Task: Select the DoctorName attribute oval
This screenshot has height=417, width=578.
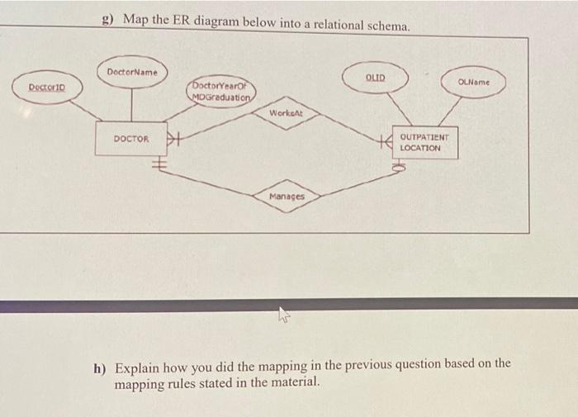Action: pyautogui.click(x=132, y=72)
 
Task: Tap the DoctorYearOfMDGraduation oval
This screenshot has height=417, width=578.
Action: pyautogui.click(x=221, y=91)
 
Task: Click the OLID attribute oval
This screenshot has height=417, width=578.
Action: pyautogui.click(x=375, y=78)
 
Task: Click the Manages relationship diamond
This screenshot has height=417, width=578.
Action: pyautogui.click(x=287, y=197)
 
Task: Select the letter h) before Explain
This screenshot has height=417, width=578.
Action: pyautogui.click(x=98, y=365)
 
